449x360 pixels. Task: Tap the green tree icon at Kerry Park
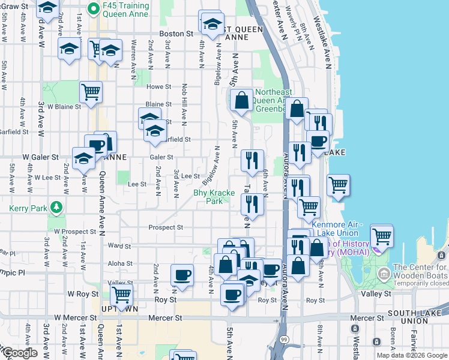coord(56,208)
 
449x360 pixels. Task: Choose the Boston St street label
coord(176,34)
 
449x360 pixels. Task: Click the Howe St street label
coord(158,87)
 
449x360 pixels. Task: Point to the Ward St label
coord(119,246)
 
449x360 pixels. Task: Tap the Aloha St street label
coord(120,263)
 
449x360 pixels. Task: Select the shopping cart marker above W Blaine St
coord(91,92)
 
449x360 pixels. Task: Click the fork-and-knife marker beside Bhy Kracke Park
coord(252,204)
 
